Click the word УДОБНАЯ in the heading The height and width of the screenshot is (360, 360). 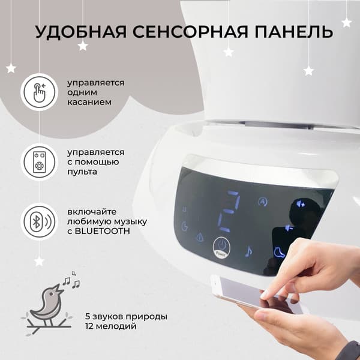click(81, 32)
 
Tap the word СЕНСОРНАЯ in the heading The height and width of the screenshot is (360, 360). click(190, 32)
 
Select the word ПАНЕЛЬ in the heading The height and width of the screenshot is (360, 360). click(293, 32)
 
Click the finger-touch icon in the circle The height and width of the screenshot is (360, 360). click(39, 92)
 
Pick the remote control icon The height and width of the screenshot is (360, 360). click(39, 162)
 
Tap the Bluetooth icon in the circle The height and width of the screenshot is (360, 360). click(39, 222)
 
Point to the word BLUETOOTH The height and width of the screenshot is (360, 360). click(103, 232)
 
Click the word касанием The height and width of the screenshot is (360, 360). click(89, 102)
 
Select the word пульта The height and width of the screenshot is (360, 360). click(82, 172)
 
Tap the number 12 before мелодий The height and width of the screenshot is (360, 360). click(88, 326)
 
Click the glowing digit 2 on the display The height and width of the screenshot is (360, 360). click(229, 211)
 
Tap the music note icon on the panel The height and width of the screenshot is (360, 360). click(248, 251)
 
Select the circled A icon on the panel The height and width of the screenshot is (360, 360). click(263, 202)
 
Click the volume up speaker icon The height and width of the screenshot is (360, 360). click(301, 203)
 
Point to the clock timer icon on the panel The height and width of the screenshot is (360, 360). click(185, 226)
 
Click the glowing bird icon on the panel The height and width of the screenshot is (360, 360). click(279, 253)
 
